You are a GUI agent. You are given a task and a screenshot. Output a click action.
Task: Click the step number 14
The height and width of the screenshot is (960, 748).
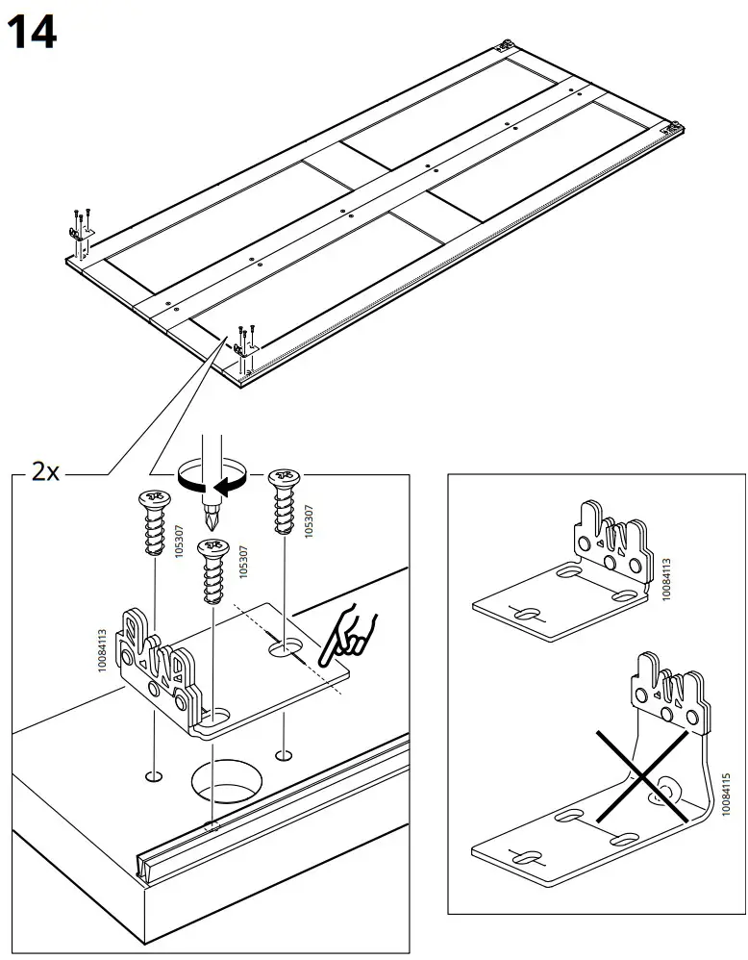(32, 34)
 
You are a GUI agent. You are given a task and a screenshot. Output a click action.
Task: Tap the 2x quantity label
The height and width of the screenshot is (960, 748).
(45, 472)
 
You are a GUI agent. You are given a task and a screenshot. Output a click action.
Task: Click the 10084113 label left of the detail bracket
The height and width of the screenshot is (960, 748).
(103, 655)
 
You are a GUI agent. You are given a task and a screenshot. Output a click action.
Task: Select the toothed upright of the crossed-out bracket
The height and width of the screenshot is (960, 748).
(669, 693)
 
